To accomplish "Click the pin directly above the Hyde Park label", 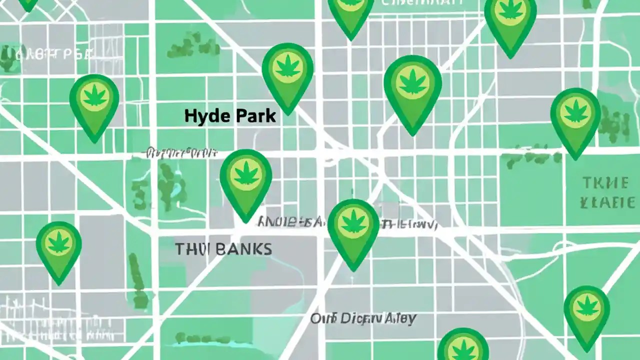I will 287,75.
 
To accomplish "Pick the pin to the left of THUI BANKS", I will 58,250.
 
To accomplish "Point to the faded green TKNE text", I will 604,183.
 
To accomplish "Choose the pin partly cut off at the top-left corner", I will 27,4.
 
